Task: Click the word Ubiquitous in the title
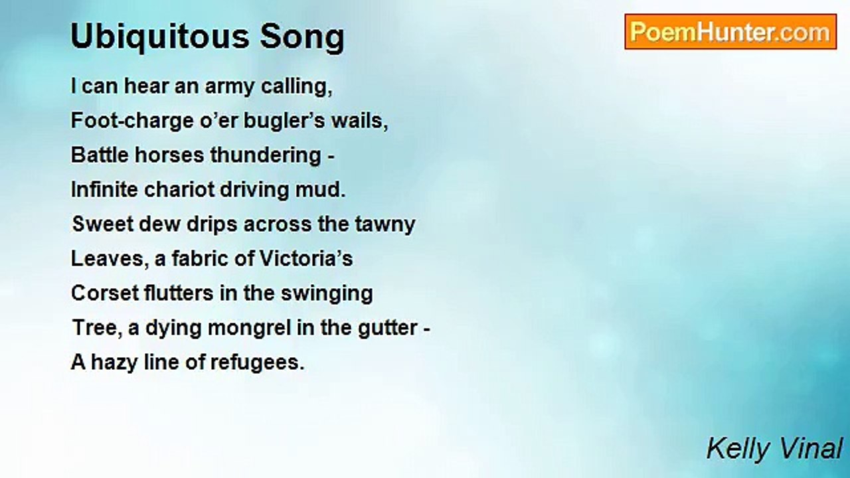[x=159, y=37]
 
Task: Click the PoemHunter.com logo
[x=730, y=32]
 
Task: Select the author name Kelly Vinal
[x=774, y=449]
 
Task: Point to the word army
[x=234, y=88]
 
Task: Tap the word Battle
[x=99, y=155]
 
